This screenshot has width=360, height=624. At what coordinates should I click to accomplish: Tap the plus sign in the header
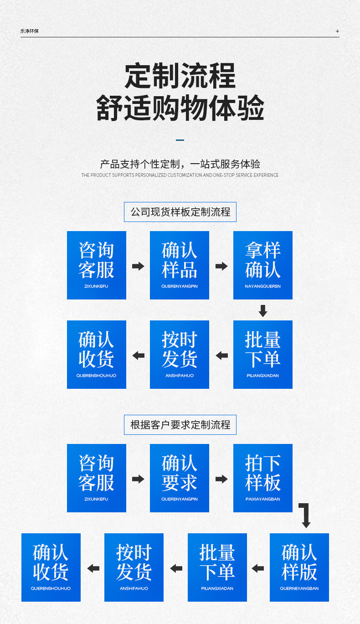[x=337, y=31]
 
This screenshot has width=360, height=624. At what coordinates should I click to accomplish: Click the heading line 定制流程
[x=180, y=76]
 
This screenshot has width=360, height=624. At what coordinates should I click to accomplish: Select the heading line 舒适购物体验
[x=180, y=108]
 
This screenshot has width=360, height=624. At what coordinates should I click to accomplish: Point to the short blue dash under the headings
[x=180, y=140]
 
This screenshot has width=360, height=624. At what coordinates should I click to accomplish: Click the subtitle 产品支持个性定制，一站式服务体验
[x=180, y=164]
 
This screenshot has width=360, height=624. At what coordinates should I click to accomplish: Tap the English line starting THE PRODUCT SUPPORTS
[x=180, y=175]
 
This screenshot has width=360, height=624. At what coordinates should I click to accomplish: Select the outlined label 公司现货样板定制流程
[x=180, y=212]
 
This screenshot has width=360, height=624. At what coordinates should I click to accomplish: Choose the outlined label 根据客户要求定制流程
[x=180, y=425]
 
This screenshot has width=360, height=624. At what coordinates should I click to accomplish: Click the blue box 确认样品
[x=180, y=265]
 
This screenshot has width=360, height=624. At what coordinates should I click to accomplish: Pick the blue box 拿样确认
[x=263, y=265]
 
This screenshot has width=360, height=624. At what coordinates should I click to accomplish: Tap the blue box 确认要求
[x=180, y=478]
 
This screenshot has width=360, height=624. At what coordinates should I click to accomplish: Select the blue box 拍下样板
[x=263, y=478]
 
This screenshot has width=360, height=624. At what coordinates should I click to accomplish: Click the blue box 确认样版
[x=299, y=567]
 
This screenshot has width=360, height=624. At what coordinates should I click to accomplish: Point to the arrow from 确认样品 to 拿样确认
[x=221, y=266]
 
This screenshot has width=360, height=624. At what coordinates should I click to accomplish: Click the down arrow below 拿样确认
[x=263, y=311]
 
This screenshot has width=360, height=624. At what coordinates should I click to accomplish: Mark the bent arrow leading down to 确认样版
[x=305, y=516]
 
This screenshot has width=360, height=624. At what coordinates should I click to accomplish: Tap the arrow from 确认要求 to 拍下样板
[x=221, y=479]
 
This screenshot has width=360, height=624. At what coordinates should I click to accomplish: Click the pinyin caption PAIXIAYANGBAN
[x=263, y=499]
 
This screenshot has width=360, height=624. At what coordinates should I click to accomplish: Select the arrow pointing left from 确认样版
[x=258, y=568]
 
